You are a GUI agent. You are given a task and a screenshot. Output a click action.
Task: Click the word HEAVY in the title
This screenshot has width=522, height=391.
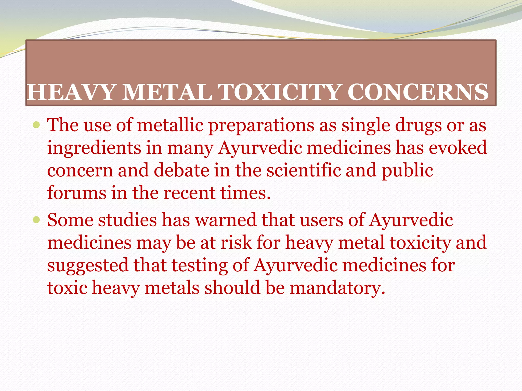pyautogui.click(x=71, y=92)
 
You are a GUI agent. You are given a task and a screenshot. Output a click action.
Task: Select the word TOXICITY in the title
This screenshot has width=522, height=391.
pyautogui.click(x=280, y=92)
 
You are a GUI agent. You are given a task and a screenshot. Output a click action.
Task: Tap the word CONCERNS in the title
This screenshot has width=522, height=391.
pyautogui.click(x=418, y=92)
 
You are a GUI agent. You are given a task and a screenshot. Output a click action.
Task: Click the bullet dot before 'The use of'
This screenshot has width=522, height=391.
pyautogui.click(x=36, y=125)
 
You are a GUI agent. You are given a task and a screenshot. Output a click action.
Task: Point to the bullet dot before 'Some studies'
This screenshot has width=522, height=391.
pyautogui.click(x=36, y=220)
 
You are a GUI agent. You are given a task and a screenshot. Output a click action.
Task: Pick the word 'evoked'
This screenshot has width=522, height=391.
pyautogui.click(x=458, y=148)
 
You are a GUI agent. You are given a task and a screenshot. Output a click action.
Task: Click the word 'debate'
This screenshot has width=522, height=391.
pyautogui.click(x=181, y=170)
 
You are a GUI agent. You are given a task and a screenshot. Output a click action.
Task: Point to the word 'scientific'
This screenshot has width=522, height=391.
pyautogui.click(x=304, y=170)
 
